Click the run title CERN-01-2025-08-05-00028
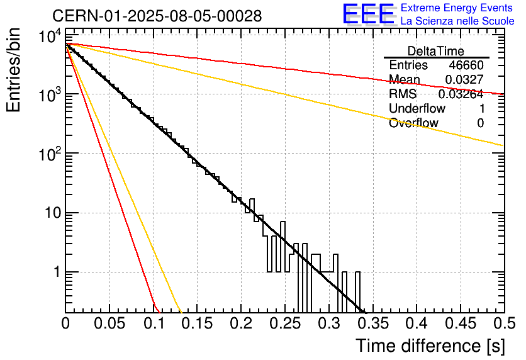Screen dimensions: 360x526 coord(157,16)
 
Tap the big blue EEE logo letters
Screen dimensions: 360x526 coord(368,14)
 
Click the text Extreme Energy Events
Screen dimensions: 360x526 coord(457,8)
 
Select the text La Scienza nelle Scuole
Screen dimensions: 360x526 coord(457,21)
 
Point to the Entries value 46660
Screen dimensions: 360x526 coord(466,65)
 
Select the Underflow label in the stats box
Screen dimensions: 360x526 coord(417,109)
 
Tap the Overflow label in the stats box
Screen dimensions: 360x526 coord(413,123)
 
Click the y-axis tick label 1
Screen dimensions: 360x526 coord(56,273)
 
